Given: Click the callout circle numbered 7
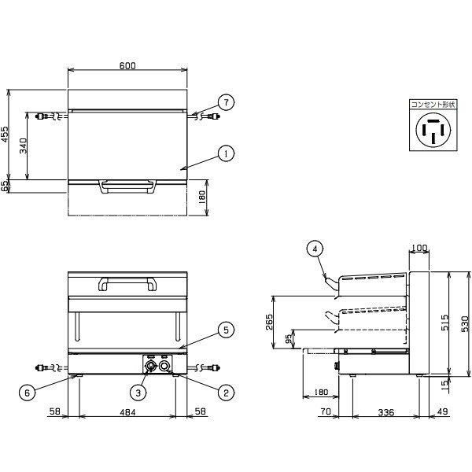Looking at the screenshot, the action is pyautogui.click(x=226, y=102).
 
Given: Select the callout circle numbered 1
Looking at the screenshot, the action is pyautogui.click(x=226, y=153).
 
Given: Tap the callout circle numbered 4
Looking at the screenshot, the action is pyautogui.click(x=315, y=249).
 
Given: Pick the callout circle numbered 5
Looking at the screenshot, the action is pyautogui.click(x=226, y=330).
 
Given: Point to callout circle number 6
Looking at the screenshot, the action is pyautogui.click(x=28, y=393).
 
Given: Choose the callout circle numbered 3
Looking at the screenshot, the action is pyautogui.click(x=138, y=393).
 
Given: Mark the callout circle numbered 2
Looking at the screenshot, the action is pyautogui.click(x=226, y=393).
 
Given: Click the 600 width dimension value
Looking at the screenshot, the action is pyautogui.click(x=127, y=65).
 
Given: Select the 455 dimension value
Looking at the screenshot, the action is pyautogui.click(x=6, y=135).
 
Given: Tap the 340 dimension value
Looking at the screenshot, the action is pyautogui.click(x=23, y=146).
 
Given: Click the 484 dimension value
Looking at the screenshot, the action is pyautogui.click(x=127, y=411).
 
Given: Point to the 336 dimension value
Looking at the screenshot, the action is pyautogui.click(x=386, y=412).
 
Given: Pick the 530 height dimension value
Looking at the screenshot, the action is pyautogui.click(x=466, y=323).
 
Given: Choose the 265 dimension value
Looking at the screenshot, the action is pyautogui.click(x=269, y=322).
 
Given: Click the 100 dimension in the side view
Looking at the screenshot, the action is pyautogui.click(x=419, y=248).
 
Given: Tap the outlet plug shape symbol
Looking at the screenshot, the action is pyautogui.click(x=433, y=130).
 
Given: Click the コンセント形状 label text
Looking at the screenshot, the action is pyautogui.click(x=433, y=105).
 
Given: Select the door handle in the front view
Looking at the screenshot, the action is pyautogui.click(x=127, y=284).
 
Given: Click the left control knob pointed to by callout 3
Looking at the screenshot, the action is pyautogui.click(x=150, y=366).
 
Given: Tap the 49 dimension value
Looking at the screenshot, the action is pyautogui.click(x=442, y=411).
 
